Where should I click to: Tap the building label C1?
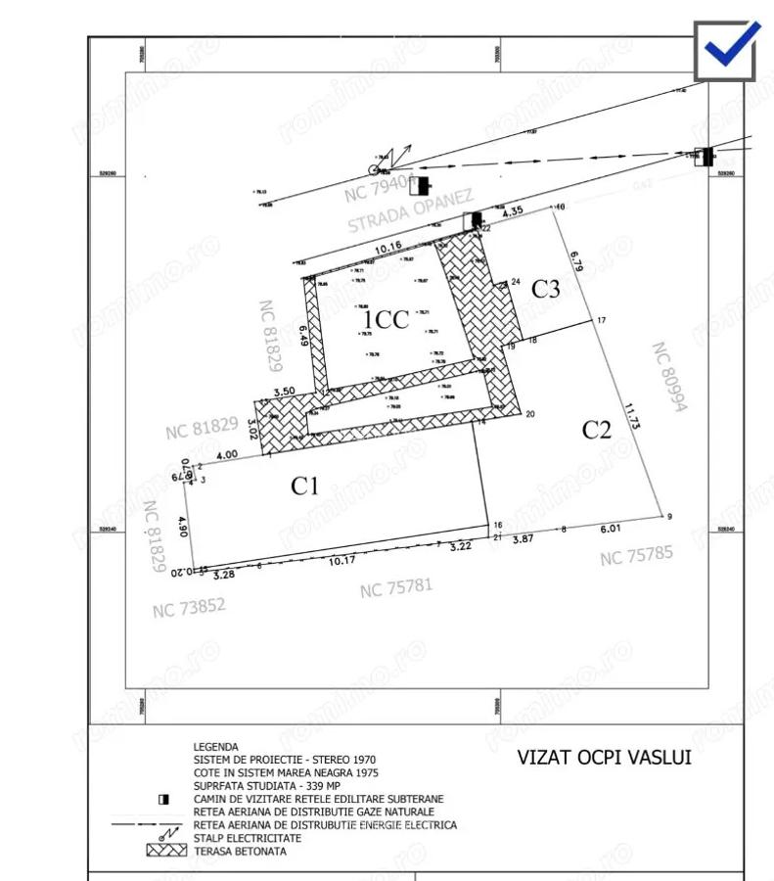pyautogui.click(x=305, y=485)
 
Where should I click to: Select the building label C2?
pyautogui.click(x=596, y=429)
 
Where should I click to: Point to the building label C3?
pyautogui.click(x=545, y=289)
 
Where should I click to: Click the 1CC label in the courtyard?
pyautogui.click(x=386, y=320)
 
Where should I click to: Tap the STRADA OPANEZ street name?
pyautogui.click(x=411, y=209)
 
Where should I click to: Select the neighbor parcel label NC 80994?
pyautogui.click(x=669, y=376)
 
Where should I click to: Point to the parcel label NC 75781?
pyautogui.click(x=395, y=587)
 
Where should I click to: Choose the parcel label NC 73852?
pyautogui.click(x=189, y=608)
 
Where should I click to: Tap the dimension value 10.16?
pyautogui.click(x=388, y=247)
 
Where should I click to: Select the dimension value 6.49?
pyautogui.click(x=304, y=336)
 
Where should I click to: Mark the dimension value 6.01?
pyautogui.click(x=610, y=529)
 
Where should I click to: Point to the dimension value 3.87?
pyautogui.click(x=523, y=538)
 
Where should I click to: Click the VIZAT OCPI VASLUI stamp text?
pyautogui.click(x=604, y=758)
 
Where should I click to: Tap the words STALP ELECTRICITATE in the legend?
pyautogui.click(x=248, y=838)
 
